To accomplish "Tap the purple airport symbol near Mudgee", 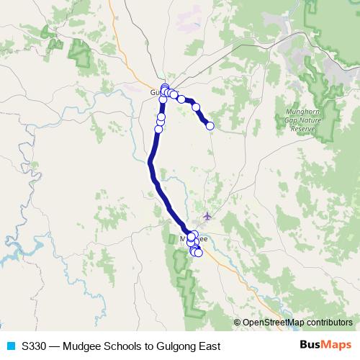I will coord(208,215).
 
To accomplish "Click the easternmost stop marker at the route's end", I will coord(210,126).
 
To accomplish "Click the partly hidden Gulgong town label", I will coord(157,93).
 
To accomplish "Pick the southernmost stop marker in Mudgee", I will coord(198,253).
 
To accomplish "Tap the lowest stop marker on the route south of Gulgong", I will coord(158,130).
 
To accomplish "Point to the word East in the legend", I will coord(208,346).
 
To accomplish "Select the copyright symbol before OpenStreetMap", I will coord(237,323).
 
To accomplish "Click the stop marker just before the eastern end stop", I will coord(196,107).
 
